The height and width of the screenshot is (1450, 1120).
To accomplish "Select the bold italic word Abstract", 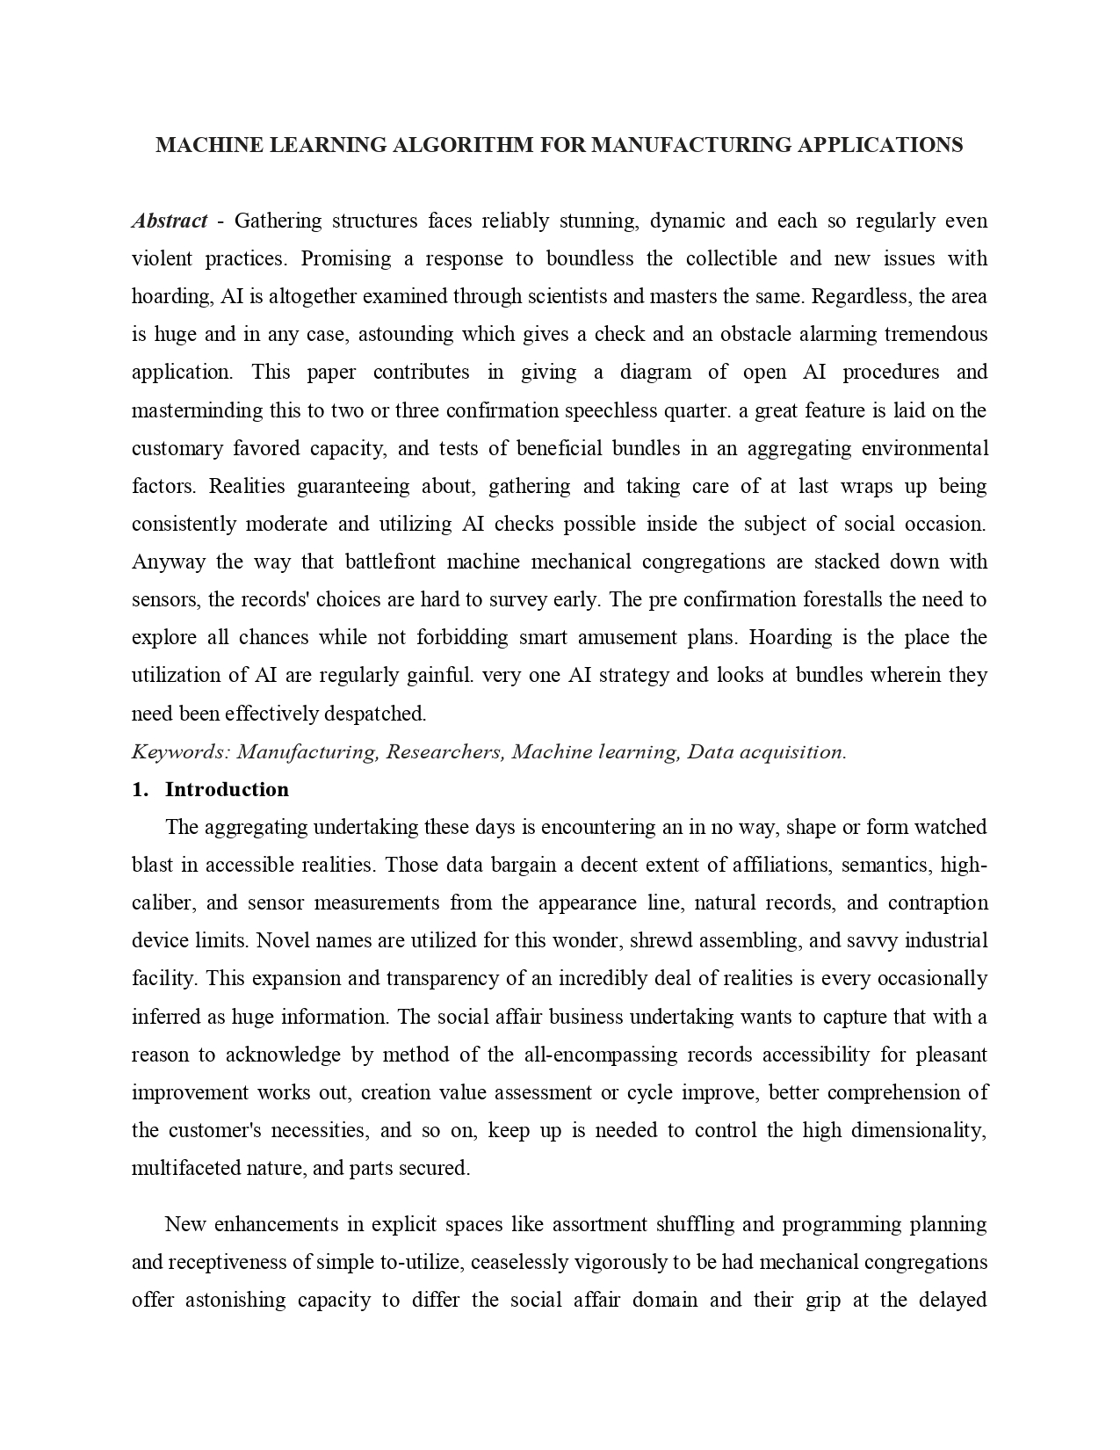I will coord(170,221).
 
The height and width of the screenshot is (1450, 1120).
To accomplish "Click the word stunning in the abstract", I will coord(597,221).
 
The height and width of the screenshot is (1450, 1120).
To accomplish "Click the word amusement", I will coord(582,637).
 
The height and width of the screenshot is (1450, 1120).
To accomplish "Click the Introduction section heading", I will coord(227,789).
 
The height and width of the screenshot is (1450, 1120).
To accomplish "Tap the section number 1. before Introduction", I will coord(139,789).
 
